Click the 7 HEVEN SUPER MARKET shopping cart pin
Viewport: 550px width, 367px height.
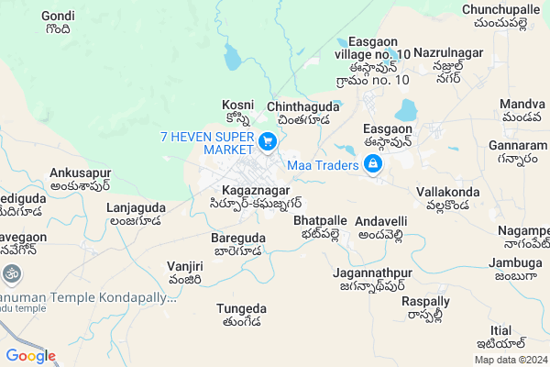coord(268,141)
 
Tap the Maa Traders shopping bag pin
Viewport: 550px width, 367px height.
coord(373,165)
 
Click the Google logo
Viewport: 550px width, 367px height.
coord(30,356)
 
